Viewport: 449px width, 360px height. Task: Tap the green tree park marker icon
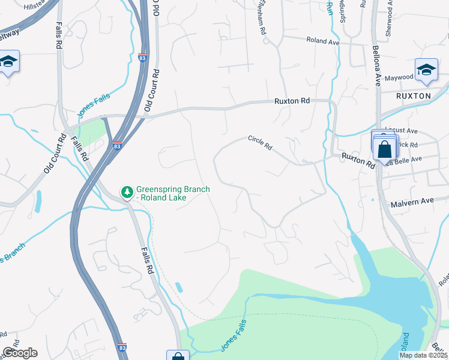point(127,191)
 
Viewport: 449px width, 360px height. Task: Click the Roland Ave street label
point(322,41)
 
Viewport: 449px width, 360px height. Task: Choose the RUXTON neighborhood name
point(414,95)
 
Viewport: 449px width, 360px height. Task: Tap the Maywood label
point(399,77)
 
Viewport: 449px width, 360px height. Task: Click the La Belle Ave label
point(405,159)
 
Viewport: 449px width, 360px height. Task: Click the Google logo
point(20,352)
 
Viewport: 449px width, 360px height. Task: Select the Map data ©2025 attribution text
point(423,355)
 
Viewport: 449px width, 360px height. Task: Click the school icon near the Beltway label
point(8,62)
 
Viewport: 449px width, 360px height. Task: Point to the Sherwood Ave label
point(389,18)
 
